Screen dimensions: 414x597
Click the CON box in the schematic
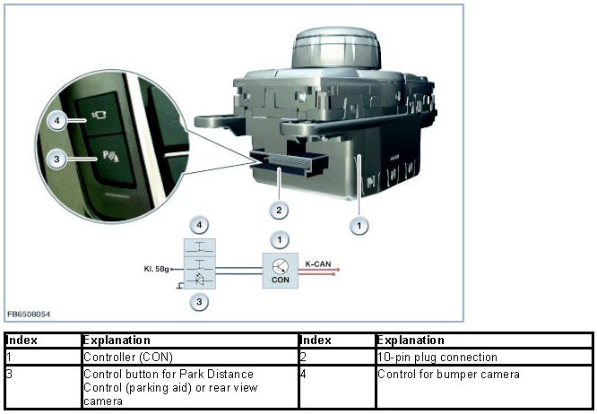point(281,268)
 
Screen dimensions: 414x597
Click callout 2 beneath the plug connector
point(281,210)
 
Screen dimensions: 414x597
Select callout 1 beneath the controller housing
point(359,226)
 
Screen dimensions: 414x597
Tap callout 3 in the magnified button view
point(56,159)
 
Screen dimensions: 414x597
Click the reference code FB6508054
point(27,315)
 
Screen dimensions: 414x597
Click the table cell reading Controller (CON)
point(117,356)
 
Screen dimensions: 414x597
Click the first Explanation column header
point(113,341)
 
